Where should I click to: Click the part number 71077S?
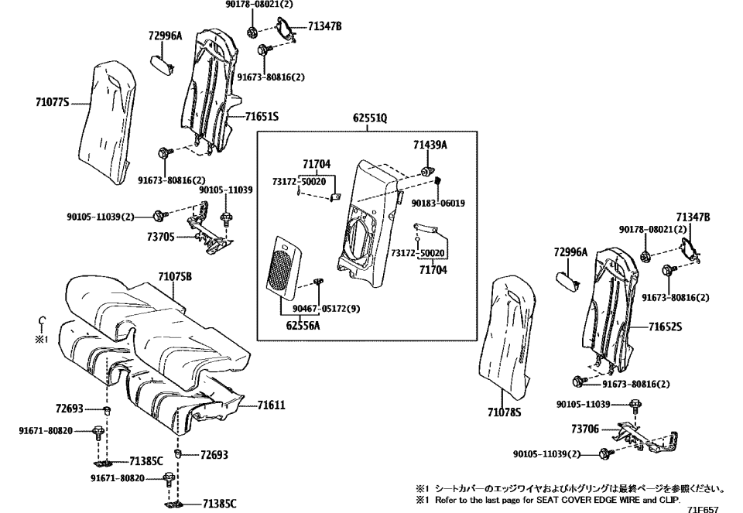pyautogui.click(x=53, y=101)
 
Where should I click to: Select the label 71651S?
pyautogui.click(x=262, y=117)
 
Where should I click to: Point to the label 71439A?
pyautogui.click(x=430, y=145)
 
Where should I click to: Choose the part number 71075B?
pyautogui.click(x=175, y=276)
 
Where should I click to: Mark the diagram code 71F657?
pyautogui.click(x=703, y=509)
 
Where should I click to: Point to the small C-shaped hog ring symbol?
pyautogui.click(x=43, y=323)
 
